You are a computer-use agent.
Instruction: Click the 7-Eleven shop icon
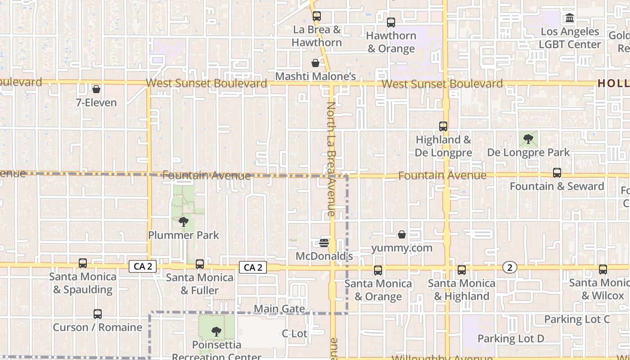[96, 89]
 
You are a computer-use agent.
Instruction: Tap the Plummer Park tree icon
[183, 221]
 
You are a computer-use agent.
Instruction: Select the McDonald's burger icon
[324, 243]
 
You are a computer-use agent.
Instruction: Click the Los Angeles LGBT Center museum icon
[570, 18]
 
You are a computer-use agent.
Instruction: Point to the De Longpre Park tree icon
[528, 139]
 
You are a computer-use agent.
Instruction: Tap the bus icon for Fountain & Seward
[557, 173]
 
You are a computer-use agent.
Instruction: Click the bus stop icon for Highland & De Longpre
[443, 126]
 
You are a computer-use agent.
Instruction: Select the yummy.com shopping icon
[402, 234]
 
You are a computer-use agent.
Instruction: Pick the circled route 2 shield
[509, 268]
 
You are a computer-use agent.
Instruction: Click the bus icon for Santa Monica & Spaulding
[83, 263]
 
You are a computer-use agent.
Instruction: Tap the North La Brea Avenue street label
[332, 159]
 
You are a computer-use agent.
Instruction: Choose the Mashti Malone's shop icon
[315, 63]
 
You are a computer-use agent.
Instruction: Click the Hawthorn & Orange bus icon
[391, 22]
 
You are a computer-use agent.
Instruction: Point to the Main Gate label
[279, 309]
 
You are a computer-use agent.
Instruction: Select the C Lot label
[294, 333]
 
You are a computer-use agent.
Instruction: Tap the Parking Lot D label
[511, 338]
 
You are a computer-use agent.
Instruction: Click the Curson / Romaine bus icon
[98, 314]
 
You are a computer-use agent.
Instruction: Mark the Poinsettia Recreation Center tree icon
[216, 332]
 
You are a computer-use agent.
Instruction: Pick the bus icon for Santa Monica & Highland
[462, 270]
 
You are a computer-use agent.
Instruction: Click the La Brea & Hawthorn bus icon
[317, 16]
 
